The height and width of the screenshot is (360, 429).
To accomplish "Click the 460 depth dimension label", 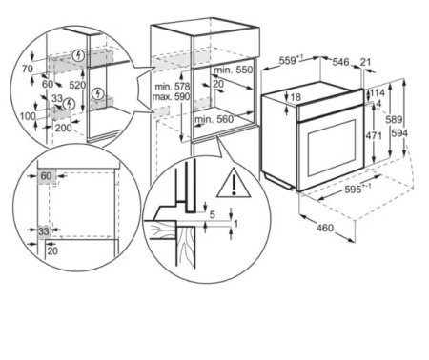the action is pyautogui.click(x=325, y=228).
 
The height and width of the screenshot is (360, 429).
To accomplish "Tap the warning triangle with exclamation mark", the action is pyautogui.click(x=234, y=184).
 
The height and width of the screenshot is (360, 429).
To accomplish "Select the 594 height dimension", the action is pyautogui.click(x=399, y=133).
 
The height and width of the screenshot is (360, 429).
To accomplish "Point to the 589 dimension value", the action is pyautogui.click(x=394, y=120).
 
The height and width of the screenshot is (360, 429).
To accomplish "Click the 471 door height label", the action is pyautogui.click(x=374, y=136).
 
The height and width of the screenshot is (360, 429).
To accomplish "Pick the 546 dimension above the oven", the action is pyautogui.click(x=340, y=62).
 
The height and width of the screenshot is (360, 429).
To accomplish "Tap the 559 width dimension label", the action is pyautogui.click(x=291, y=60).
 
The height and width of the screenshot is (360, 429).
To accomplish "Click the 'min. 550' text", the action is pyautogui.click(x=234, y=70).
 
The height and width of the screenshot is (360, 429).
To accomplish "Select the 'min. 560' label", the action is pyautogui.click(x=214, y=119).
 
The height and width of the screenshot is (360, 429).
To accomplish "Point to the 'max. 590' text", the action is pyautogui.click(x=171, y=96).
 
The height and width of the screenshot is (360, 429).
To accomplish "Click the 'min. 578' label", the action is pyautogui.click(x=173, y=87).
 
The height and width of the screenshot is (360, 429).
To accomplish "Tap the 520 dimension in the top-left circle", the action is pyautogui.click(x=77, y=85).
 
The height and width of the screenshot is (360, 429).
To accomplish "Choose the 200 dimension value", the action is pyautogui.click(x=64, y=128).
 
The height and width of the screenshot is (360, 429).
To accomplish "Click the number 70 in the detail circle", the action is pyautogui.click(x=28, y=69).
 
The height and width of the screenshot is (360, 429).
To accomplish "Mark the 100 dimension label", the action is pyautogui.click(x=28, y=116).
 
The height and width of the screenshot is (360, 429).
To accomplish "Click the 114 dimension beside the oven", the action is pyautogui.click(x=378, y=93).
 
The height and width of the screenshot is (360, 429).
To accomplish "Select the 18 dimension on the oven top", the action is pyautogui.click(x=296, y=97).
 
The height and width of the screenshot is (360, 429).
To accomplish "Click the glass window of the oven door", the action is pyautogui.click(x=332, y=148).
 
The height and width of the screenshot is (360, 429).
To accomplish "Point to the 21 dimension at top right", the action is pyautogui.click(x=366, y=62).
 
